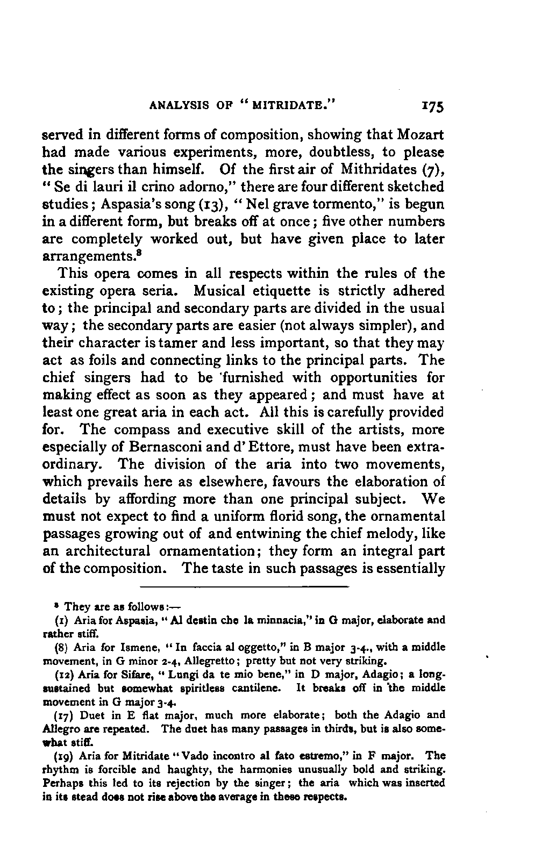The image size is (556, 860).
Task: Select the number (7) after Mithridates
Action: pyautogui.click(x=433, y=169)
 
